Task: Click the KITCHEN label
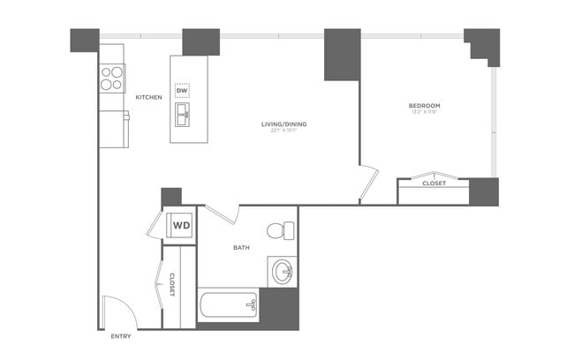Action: pos(148,97)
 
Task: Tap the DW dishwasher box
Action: pos(183,91)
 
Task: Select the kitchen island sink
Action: pos(183,113)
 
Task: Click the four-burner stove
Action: pos(111,79)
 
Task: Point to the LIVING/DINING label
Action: pos(284,124)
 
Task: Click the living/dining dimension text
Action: pos(284,132)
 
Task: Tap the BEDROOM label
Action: pos(425,105)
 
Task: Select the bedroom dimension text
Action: pos(425,112)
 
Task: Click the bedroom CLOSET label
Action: pos(434,184)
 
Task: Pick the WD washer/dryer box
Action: pos(181,224)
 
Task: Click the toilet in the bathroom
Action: pos(280,230)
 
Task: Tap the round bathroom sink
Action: pos(283,271)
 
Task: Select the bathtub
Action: pos(227,306)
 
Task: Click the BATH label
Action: pos(241,248)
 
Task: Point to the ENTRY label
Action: pos(121,337)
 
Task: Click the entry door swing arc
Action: pos(117,309)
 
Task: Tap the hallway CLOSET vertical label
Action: pos(171,284)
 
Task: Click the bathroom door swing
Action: pos(223,214)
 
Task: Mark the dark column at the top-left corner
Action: pos(85,40)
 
